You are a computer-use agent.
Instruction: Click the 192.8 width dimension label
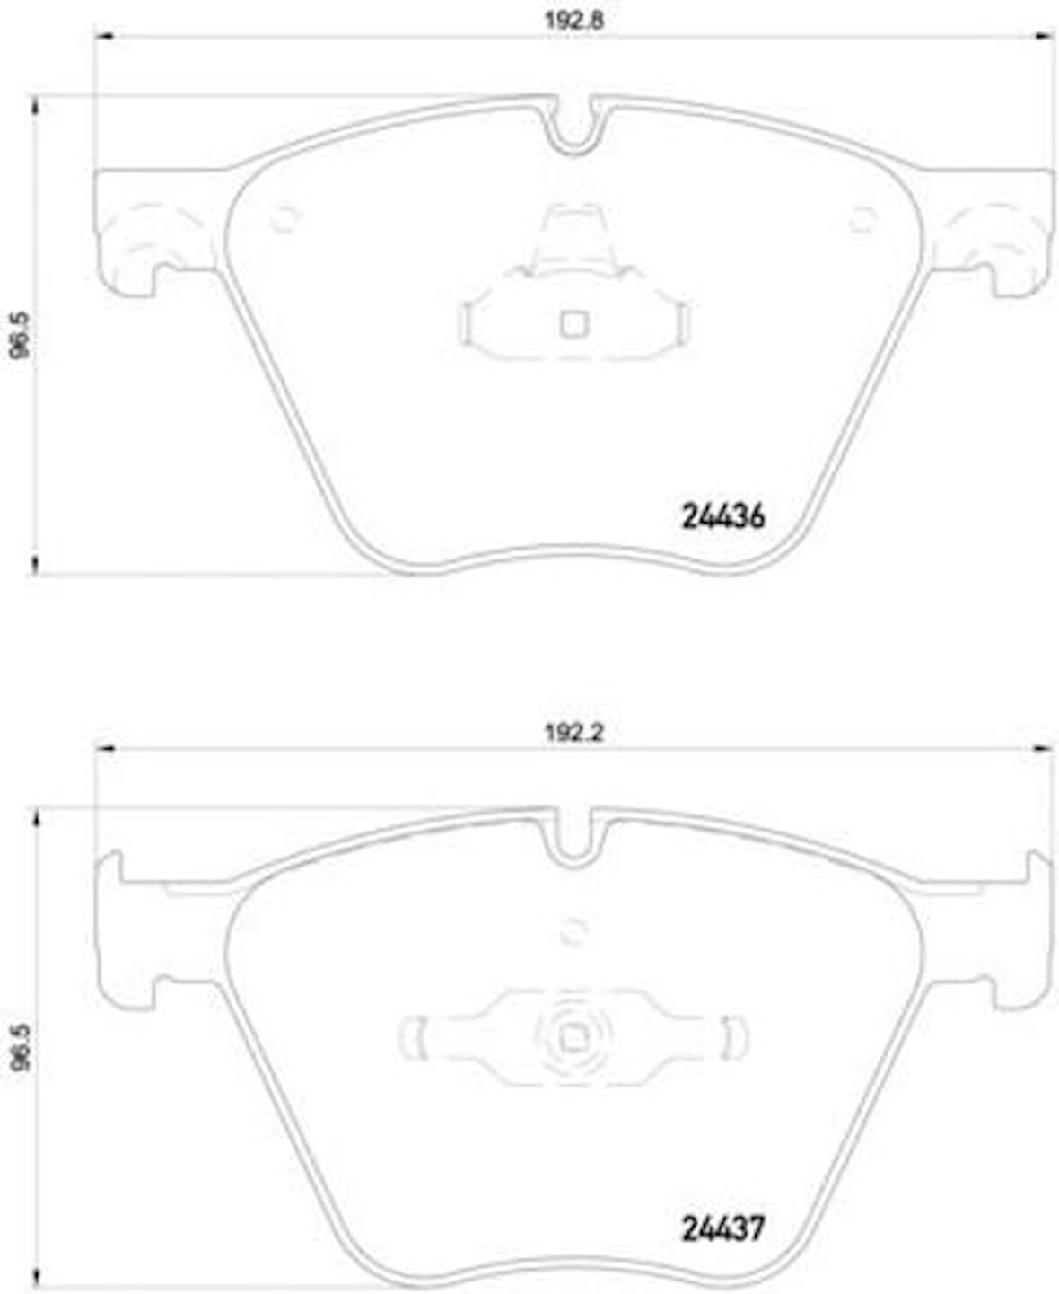[x=574, y=21]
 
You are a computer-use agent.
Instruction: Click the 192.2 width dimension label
[x=574, y=732]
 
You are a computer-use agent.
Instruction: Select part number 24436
[x=723, y=516]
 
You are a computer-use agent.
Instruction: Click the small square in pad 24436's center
[x=574, y=324]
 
